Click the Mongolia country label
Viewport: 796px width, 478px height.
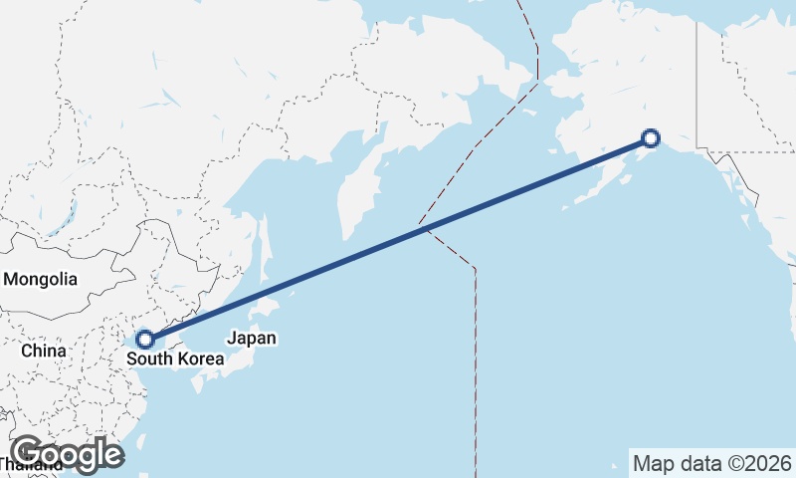40,280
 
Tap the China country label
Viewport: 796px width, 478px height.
43,351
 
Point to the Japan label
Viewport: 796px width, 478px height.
251,338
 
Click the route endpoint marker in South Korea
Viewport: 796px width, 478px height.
144,340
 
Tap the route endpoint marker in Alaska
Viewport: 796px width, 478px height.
650,138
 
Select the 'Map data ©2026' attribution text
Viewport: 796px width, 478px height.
712,463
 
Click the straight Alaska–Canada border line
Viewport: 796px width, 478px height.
696,80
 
